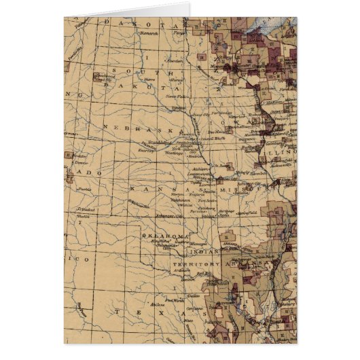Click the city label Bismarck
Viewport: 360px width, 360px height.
pos(149,31)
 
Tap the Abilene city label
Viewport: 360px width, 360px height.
pos(160,305)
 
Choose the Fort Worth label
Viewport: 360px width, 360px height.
pos(162,297)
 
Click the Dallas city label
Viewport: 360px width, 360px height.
pos(193,296)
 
